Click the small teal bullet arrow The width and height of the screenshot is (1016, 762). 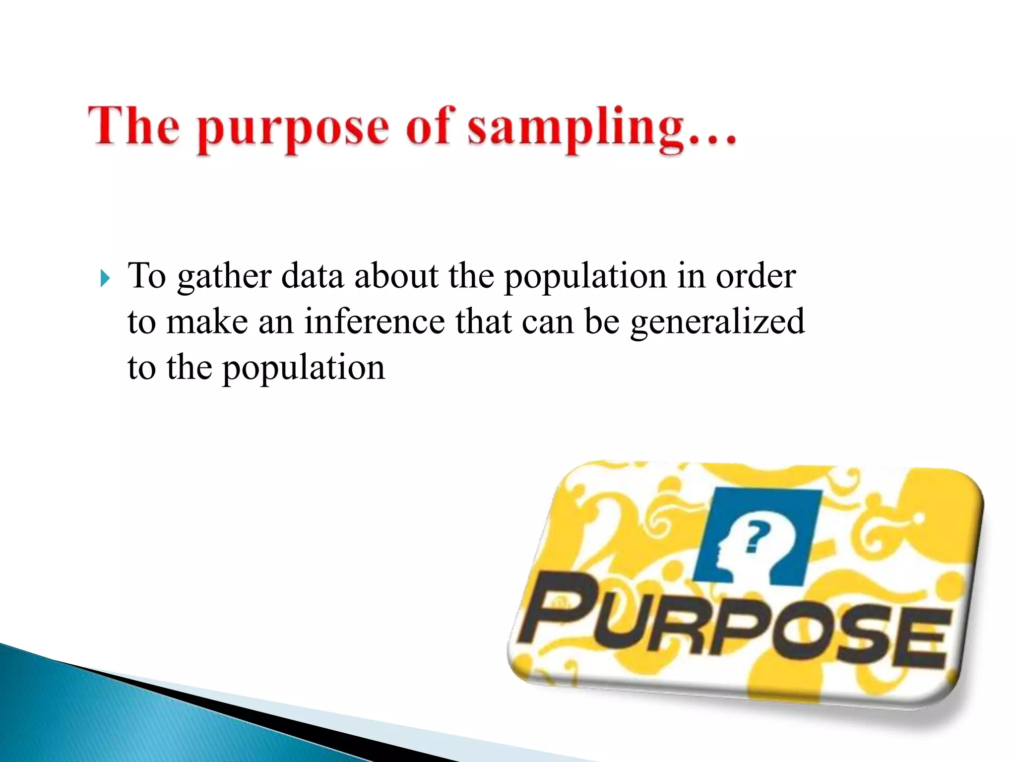click(x=104, y=278)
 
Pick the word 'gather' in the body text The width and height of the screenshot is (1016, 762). click(x=224, y=277)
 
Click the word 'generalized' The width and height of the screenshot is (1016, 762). click(x=717, y=322)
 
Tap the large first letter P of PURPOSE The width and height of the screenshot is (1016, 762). click(x=558, y=607)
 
